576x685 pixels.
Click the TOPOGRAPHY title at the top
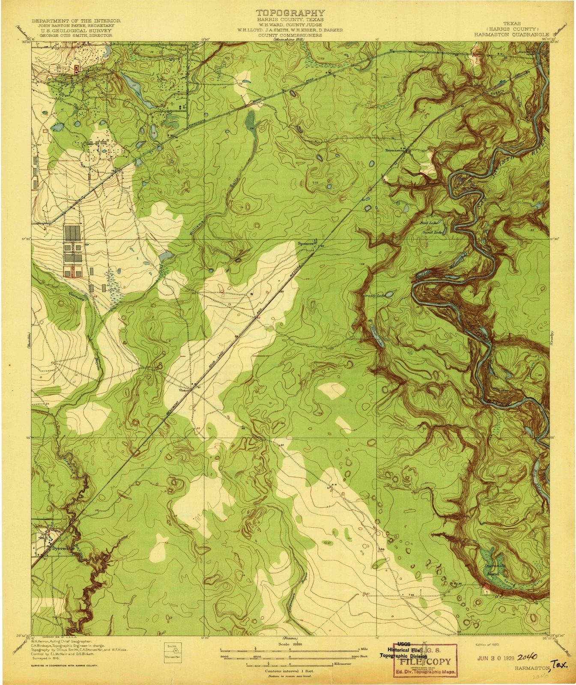pyautogui.click(x=290, y=13)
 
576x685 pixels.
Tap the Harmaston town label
pyautogui.click(x=394, y=151)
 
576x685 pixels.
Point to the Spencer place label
pyautogui.click(x=306, y=243)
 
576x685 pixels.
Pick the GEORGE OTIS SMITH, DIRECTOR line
pyautogui.click(x=76, y=36)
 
